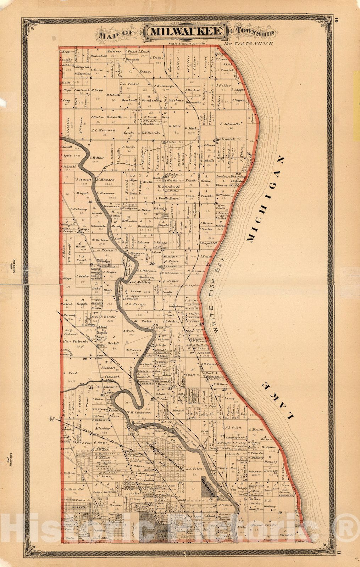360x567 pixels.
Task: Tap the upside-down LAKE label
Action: [276, 401]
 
